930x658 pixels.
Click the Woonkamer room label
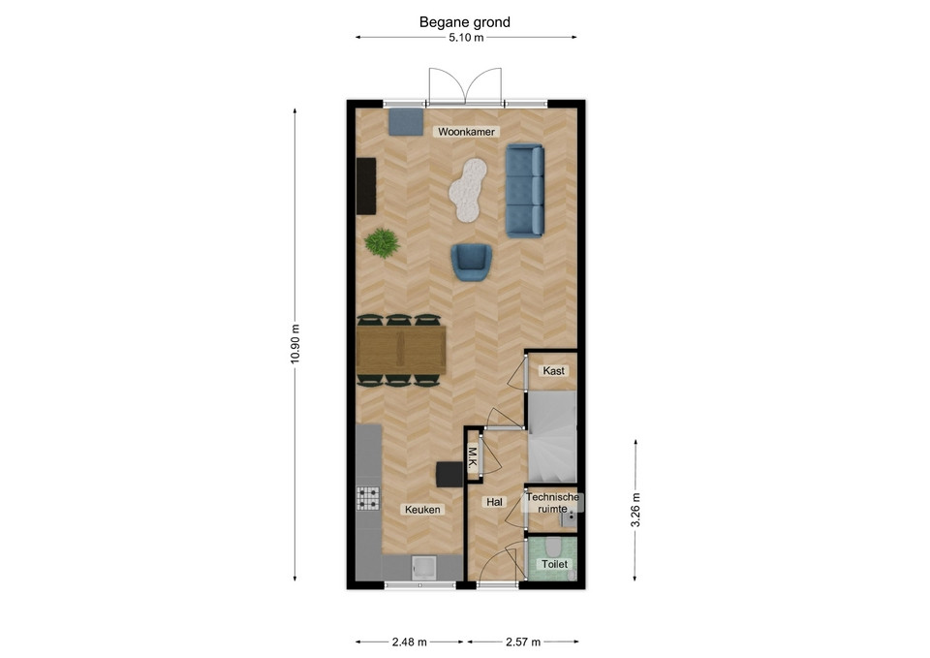466,132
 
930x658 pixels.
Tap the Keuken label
423,509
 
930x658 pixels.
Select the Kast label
554,371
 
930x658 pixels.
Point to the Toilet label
554,564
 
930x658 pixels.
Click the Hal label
495,502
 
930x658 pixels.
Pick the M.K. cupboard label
473,458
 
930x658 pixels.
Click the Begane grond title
465,22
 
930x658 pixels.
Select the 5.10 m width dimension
466,38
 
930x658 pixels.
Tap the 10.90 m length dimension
295,345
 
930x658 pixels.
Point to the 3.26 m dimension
635,511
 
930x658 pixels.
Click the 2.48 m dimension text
409,642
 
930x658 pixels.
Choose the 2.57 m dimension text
523,642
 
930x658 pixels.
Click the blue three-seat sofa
525,191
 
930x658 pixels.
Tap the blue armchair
472,262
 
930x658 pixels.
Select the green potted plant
382,242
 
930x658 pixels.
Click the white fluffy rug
468,190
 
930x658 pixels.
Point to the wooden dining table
401,350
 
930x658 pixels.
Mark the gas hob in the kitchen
368,498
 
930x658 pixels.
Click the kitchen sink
424,568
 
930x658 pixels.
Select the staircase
552,437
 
